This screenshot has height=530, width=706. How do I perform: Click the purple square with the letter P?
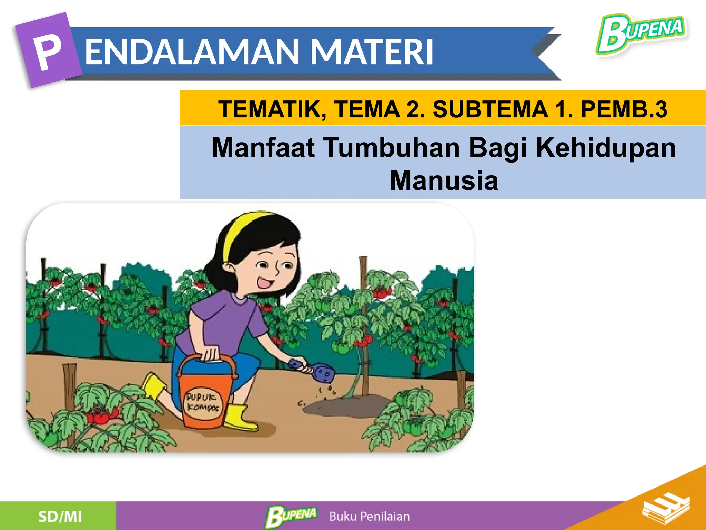click(x=48, y=50)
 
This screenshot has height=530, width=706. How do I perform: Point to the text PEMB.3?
click(x=624, y=109)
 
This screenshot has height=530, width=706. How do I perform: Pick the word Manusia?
click(x=444, y=180)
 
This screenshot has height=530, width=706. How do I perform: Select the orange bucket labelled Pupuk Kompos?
click(x=203, y=397)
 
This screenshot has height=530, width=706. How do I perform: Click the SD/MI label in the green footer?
click(x=60, y=517)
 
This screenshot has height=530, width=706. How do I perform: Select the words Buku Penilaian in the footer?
click(x=369, y=517)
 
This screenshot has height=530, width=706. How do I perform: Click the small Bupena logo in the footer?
click(x=291, y=516)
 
